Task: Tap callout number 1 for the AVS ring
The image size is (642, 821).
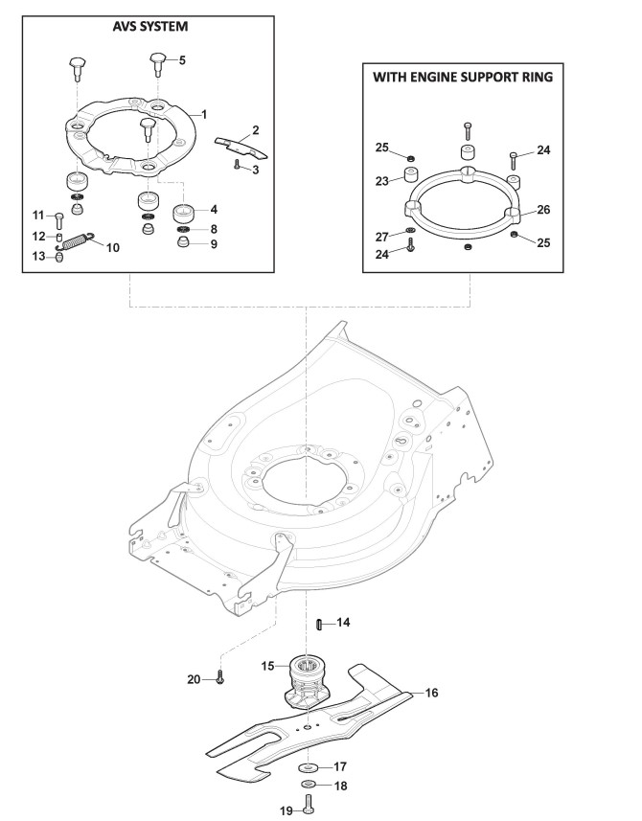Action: [203, 113]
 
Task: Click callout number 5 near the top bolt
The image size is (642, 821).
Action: [182, 59]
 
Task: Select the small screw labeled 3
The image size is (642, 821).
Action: [236, 165]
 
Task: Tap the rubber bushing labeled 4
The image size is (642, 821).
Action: [184, 211]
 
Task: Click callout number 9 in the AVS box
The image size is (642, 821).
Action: [214, 244]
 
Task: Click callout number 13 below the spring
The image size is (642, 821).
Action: [39, 255]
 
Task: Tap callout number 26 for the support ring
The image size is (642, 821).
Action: [543, 208]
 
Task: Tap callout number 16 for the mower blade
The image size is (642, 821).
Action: [431, 692]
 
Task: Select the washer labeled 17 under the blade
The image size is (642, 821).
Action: [308, 768]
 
